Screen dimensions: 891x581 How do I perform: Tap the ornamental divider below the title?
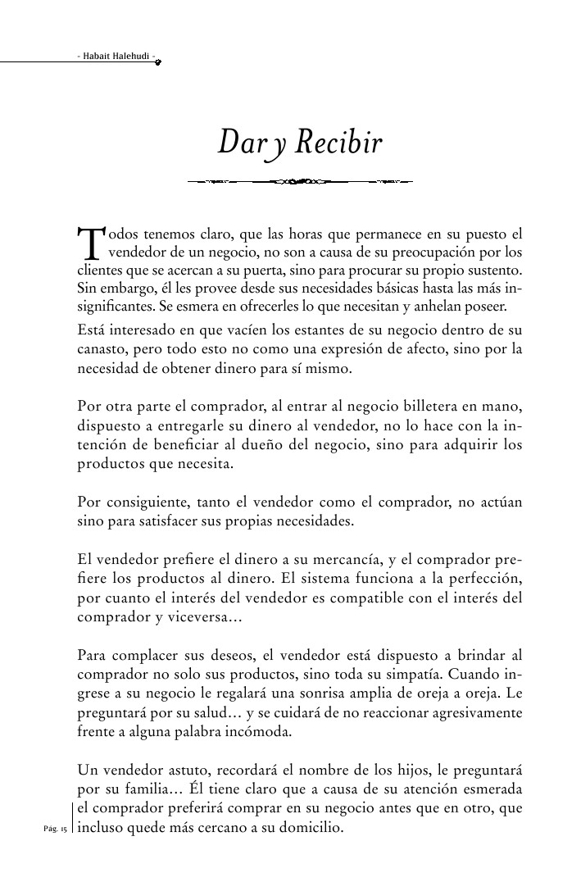tap(299, 180)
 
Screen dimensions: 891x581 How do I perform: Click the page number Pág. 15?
tap(56, 829)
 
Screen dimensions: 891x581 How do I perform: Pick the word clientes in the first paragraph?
tap(99, 269)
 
